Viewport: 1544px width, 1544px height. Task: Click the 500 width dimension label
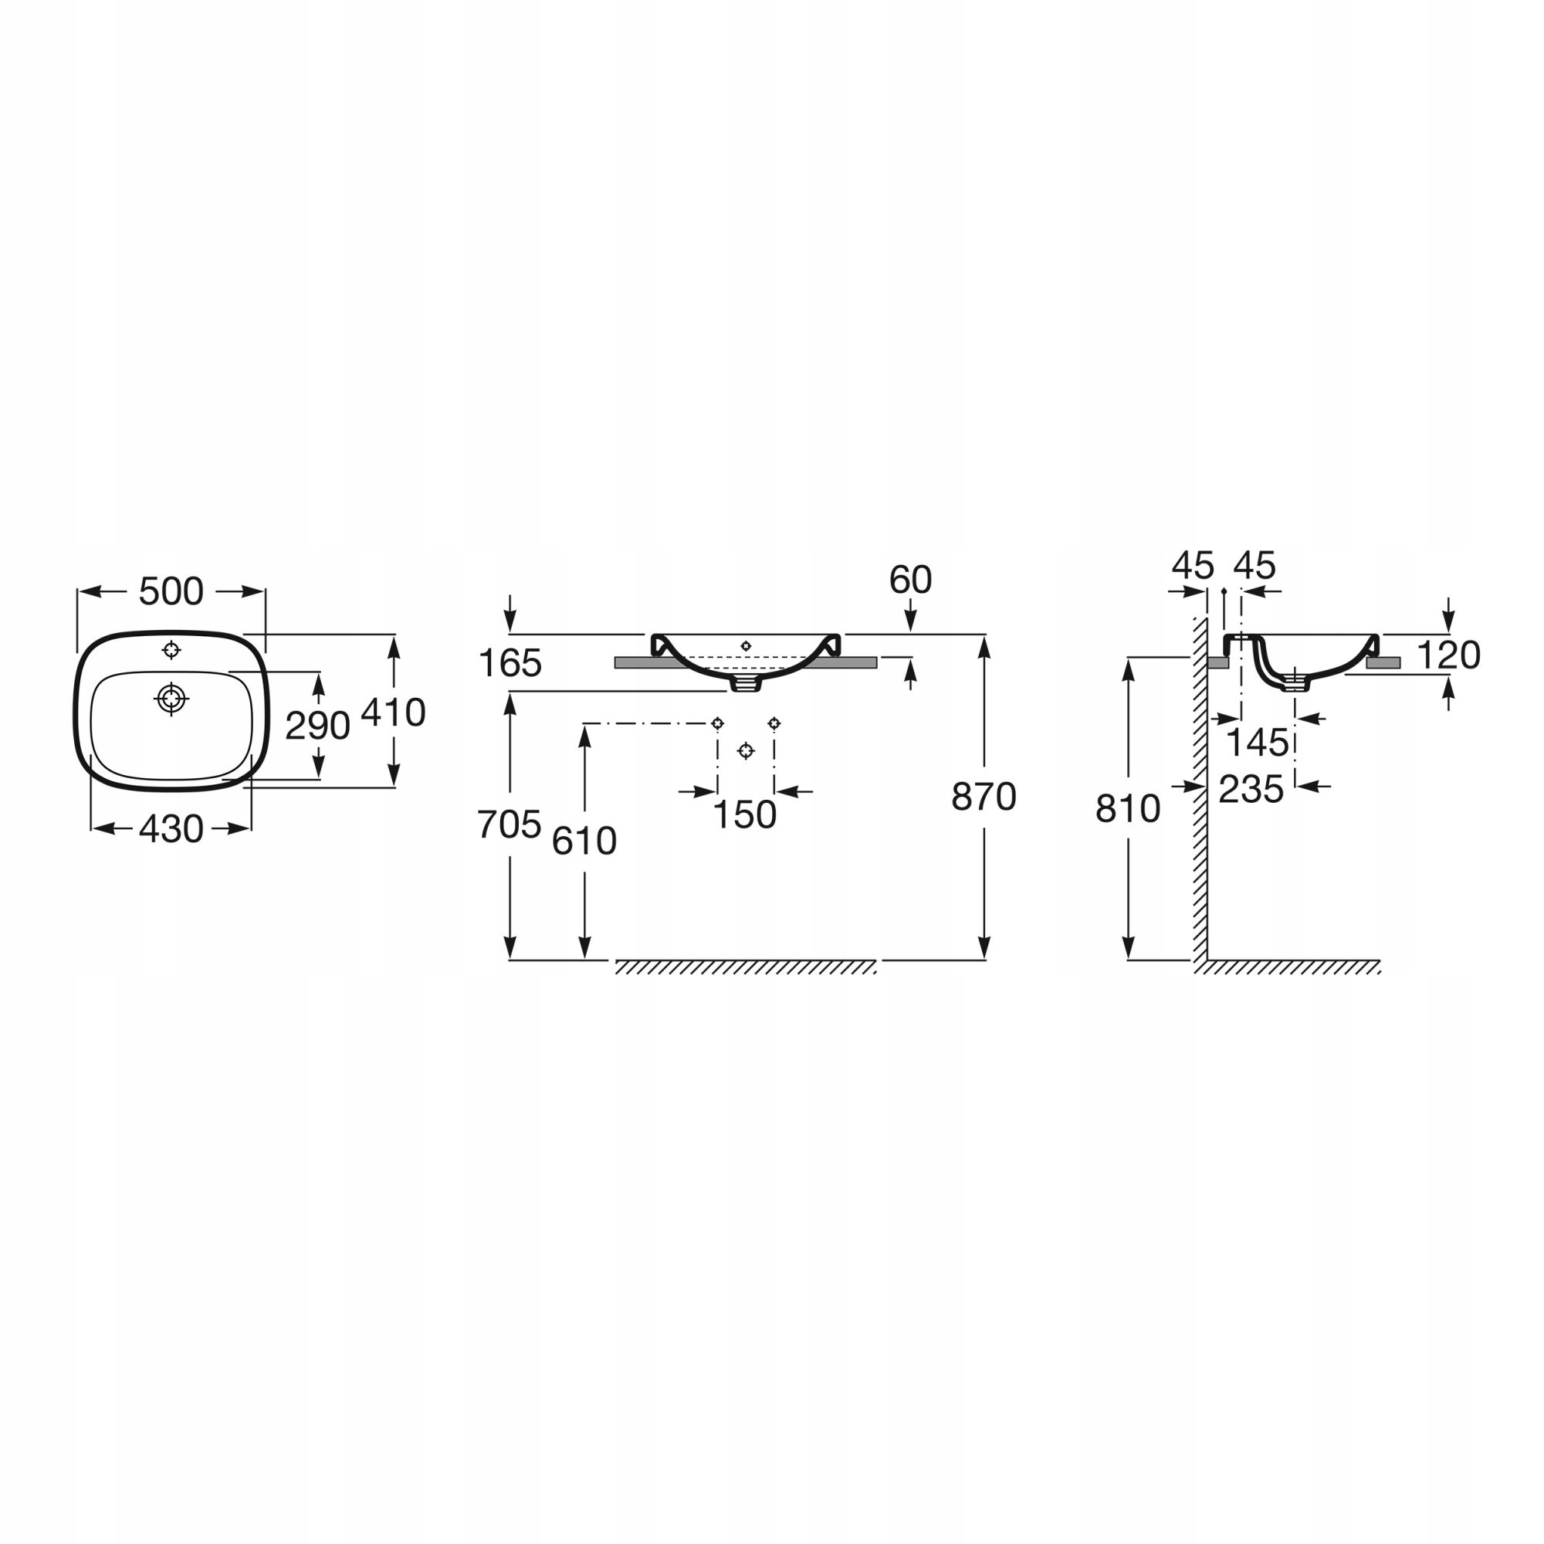point(171,591)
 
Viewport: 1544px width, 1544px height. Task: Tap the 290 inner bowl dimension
point(317,726)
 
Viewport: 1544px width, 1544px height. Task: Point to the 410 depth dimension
point(393,712)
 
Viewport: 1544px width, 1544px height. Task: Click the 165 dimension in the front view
point(510,663)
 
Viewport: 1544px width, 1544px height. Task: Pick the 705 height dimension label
point(509,824)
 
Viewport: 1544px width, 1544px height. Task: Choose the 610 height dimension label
point(584,841)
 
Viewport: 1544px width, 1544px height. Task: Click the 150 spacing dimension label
point(744,815)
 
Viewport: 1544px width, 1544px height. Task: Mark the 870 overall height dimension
point(984,797)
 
